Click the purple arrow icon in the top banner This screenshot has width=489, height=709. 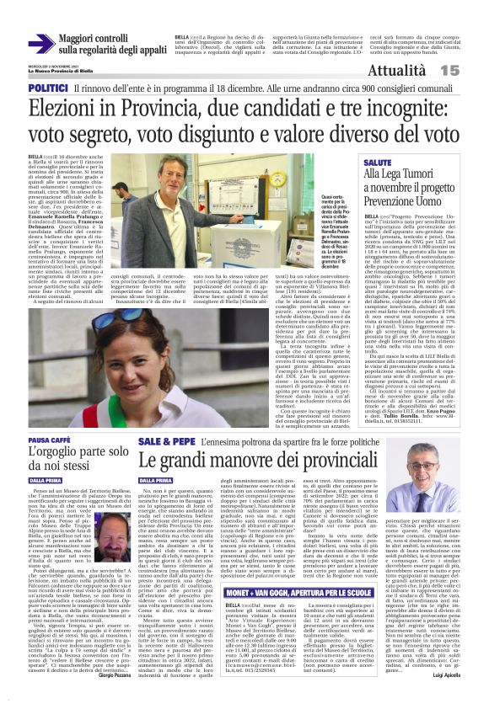pyautogui.click(x=41, y=43)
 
